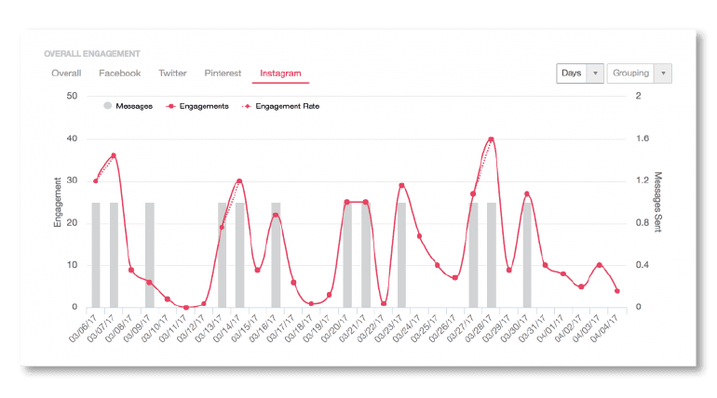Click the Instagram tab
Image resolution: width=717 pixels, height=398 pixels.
(280, 73)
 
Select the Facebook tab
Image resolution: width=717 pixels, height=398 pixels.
(119, 73)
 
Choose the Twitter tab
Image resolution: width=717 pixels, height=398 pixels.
(172, 73)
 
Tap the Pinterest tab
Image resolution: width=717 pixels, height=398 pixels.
(223, 73)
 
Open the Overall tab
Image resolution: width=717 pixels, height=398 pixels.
(66, 73)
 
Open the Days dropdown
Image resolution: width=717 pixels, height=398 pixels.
(579, 73)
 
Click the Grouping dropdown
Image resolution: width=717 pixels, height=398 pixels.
(639, 73)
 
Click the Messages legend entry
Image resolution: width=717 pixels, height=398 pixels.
(128, 106)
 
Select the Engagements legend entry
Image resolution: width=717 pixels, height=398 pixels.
(197, 106)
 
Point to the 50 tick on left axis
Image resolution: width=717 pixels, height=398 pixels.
(72, 95)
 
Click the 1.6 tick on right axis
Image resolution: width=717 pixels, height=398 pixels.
(641, 139)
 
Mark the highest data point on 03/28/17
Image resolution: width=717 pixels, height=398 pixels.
(491, 139)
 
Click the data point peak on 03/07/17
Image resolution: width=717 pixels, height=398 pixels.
(114, 155)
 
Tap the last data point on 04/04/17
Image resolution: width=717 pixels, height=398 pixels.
(617, 291)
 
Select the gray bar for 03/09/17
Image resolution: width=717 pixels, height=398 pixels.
(149, 255)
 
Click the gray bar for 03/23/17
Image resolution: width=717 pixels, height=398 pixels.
(401, 255)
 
